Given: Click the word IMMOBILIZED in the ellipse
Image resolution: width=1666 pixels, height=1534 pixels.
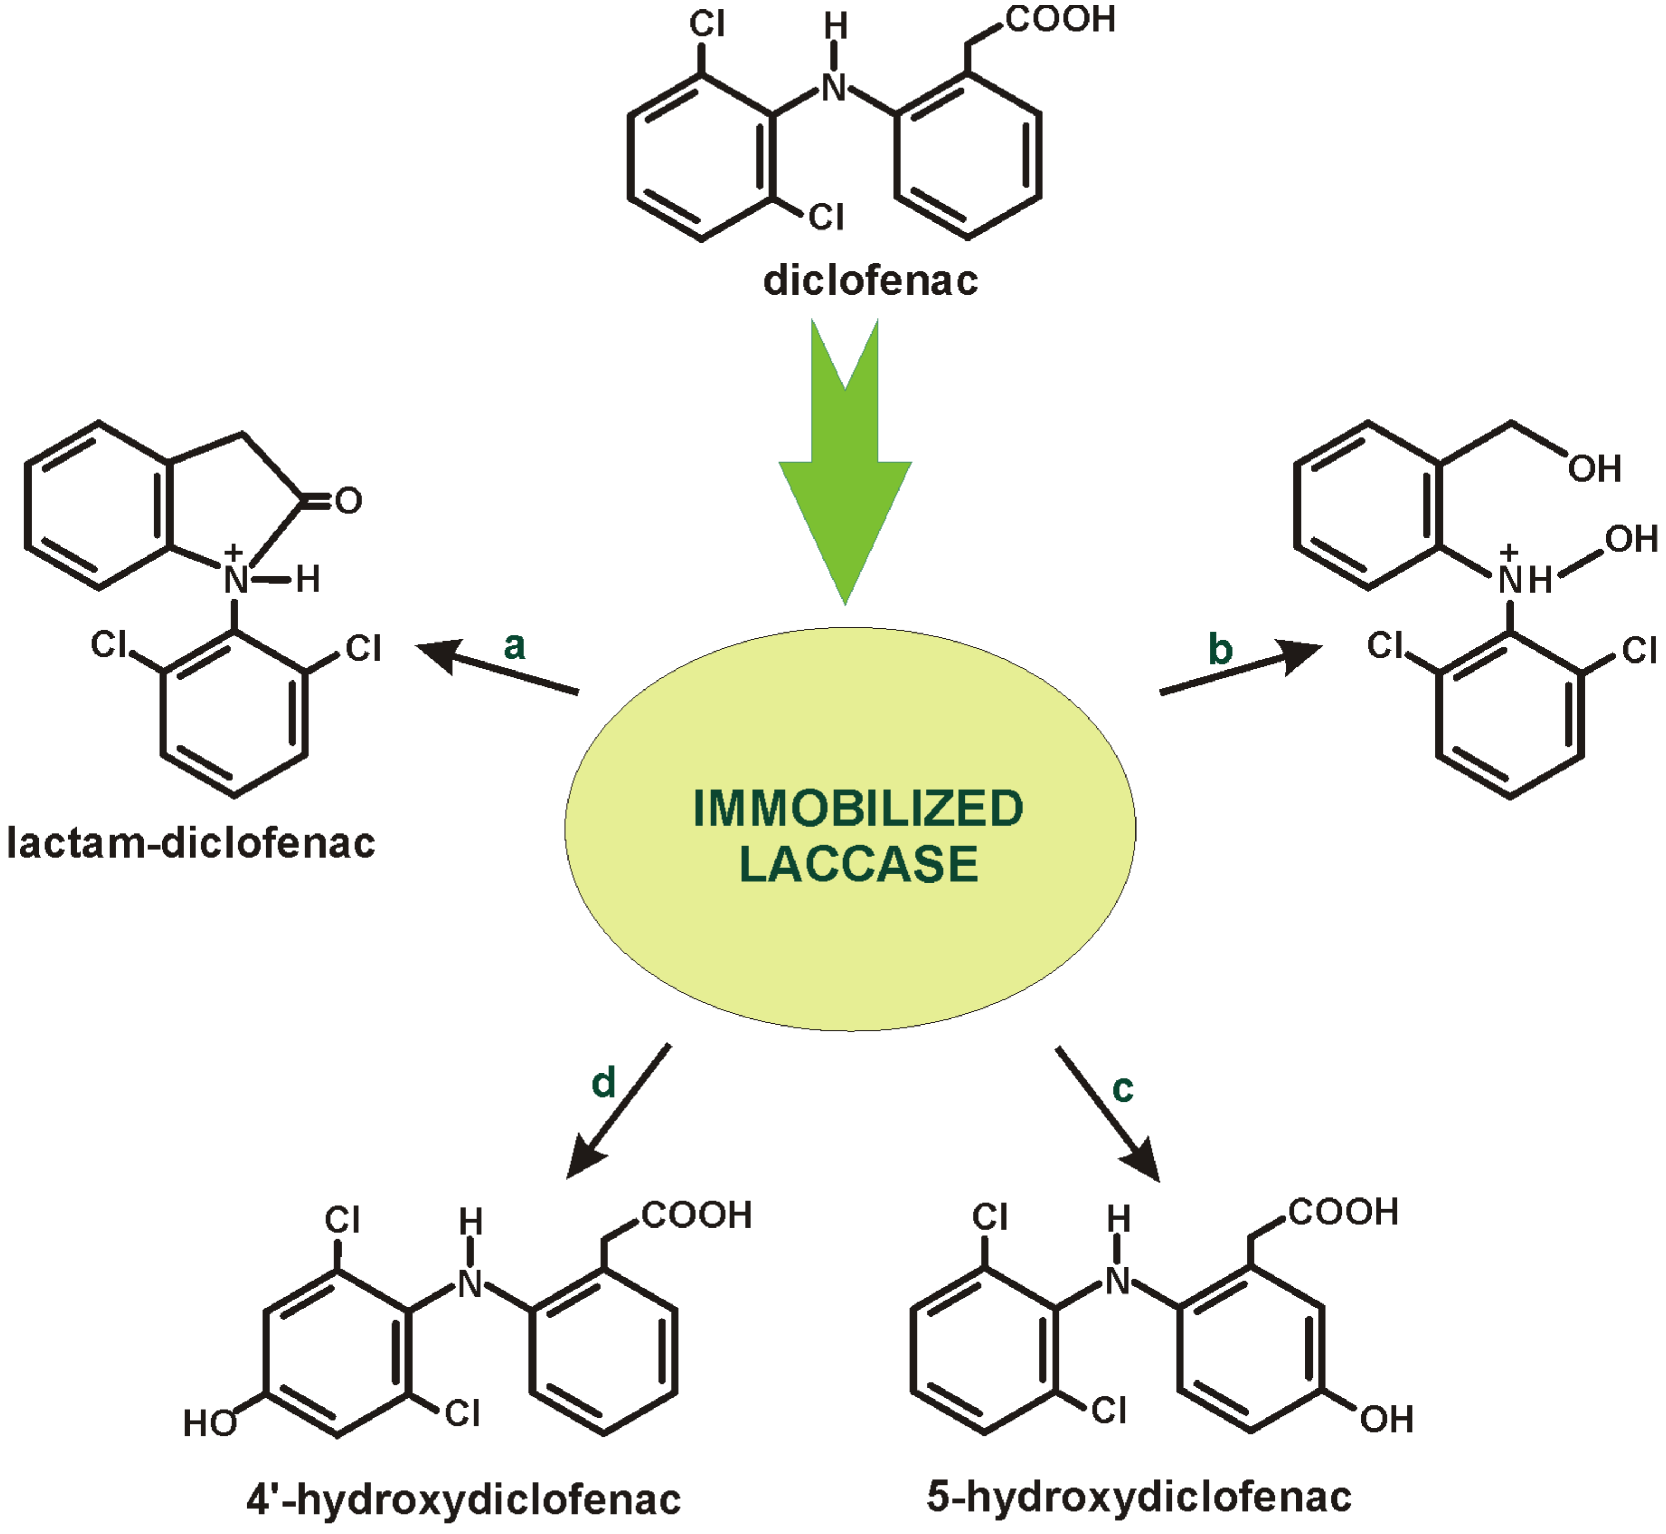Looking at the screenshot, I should point(857,809).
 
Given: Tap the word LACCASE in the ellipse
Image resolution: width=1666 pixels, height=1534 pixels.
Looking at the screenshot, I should point(858,864).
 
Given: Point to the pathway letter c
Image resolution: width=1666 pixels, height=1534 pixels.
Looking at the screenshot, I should point(1122,1089).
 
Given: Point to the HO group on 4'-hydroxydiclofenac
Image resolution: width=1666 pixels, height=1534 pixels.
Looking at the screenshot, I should point(210,1424).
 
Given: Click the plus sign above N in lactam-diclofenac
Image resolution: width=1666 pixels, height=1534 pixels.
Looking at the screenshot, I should point(234,552).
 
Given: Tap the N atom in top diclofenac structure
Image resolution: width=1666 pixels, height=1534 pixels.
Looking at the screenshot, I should point(835,87).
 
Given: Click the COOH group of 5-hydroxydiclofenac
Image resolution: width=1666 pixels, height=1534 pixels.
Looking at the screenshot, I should point(1343,1212).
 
